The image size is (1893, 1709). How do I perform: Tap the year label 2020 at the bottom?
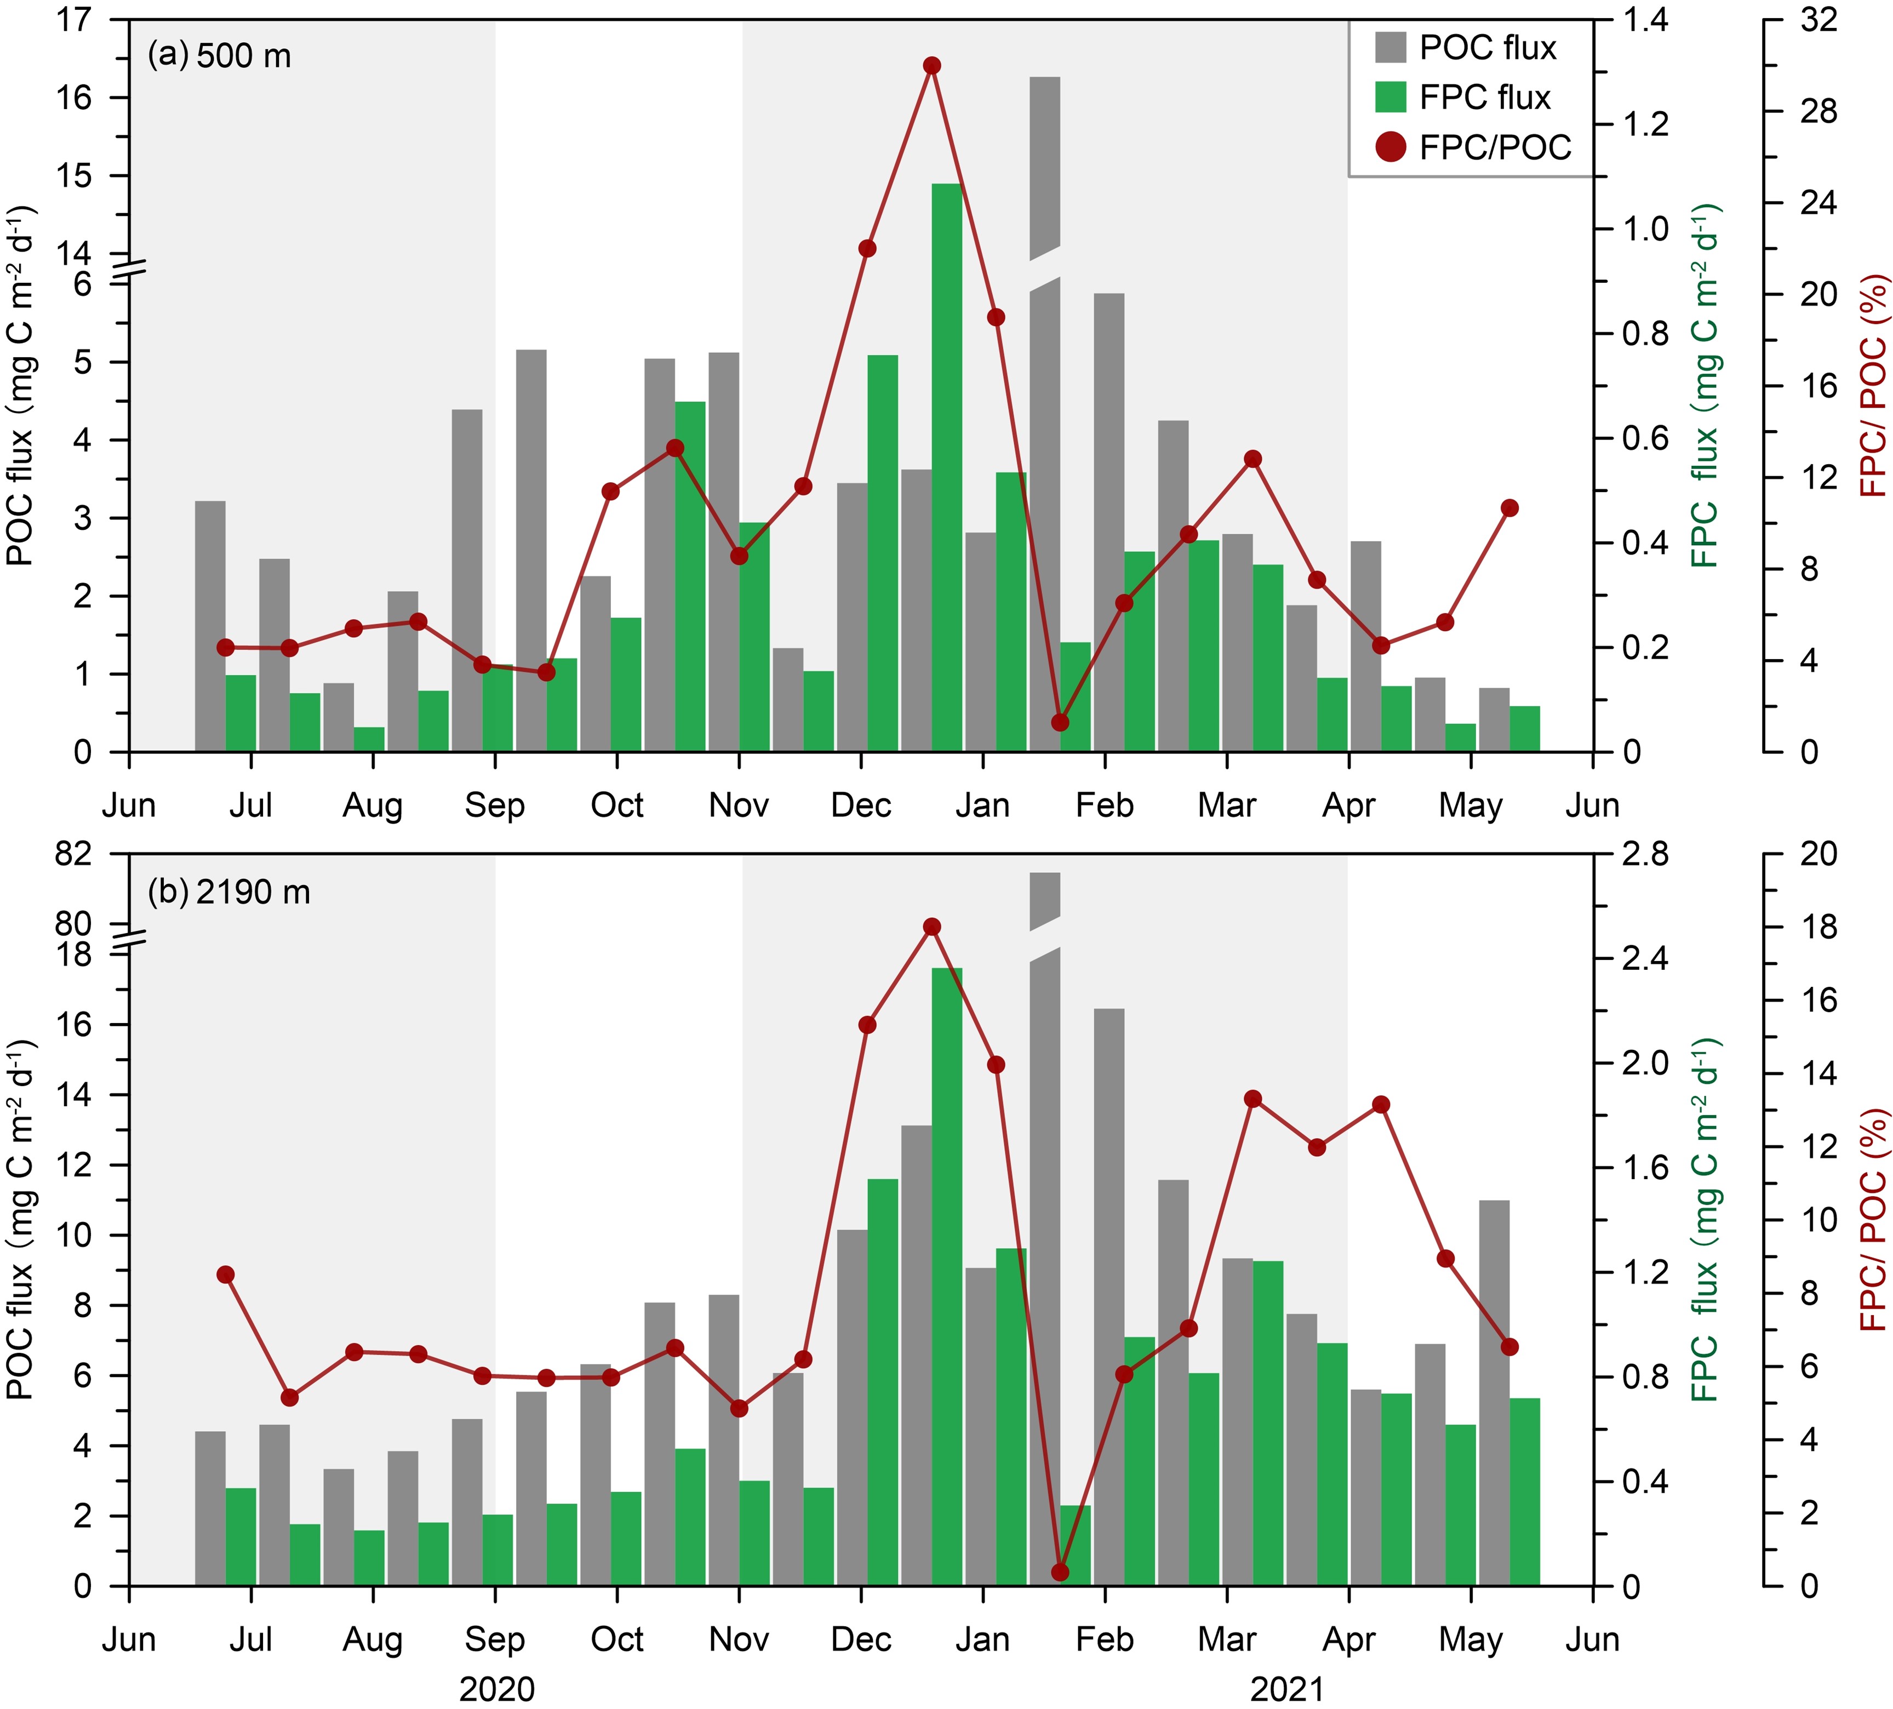(x=497, y=1690)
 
